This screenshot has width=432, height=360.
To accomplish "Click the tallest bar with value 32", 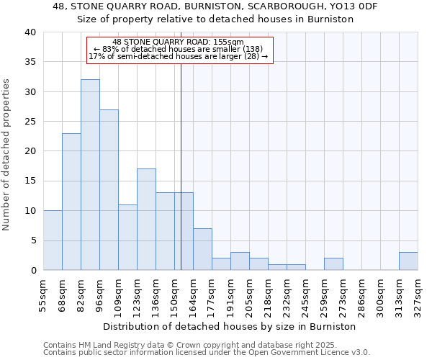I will (90, 175).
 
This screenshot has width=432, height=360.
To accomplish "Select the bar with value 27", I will (109, 190).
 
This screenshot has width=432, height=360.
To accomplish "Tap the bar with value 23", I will (71, 202).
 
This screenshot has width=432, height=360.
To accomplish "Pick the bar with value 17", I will (146, 220).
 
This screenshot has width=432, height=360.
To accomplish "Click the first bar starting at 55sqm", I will (53, 240).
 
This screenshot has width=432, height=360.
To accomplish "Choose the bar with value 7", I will (202, 249).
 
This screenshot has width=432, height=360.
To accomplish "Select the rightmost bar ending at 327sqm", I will (408, 261).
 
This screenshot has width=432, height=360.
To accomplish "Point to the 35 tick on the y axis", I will (30, 62).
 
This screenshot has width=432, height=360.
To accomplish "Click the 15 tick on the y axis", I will (30, 181).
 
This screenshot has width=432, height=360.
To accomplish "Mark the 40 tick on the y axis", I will (30, 32).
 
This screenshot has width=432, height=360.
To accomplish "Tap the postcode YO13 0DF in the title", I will (356, 6).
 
